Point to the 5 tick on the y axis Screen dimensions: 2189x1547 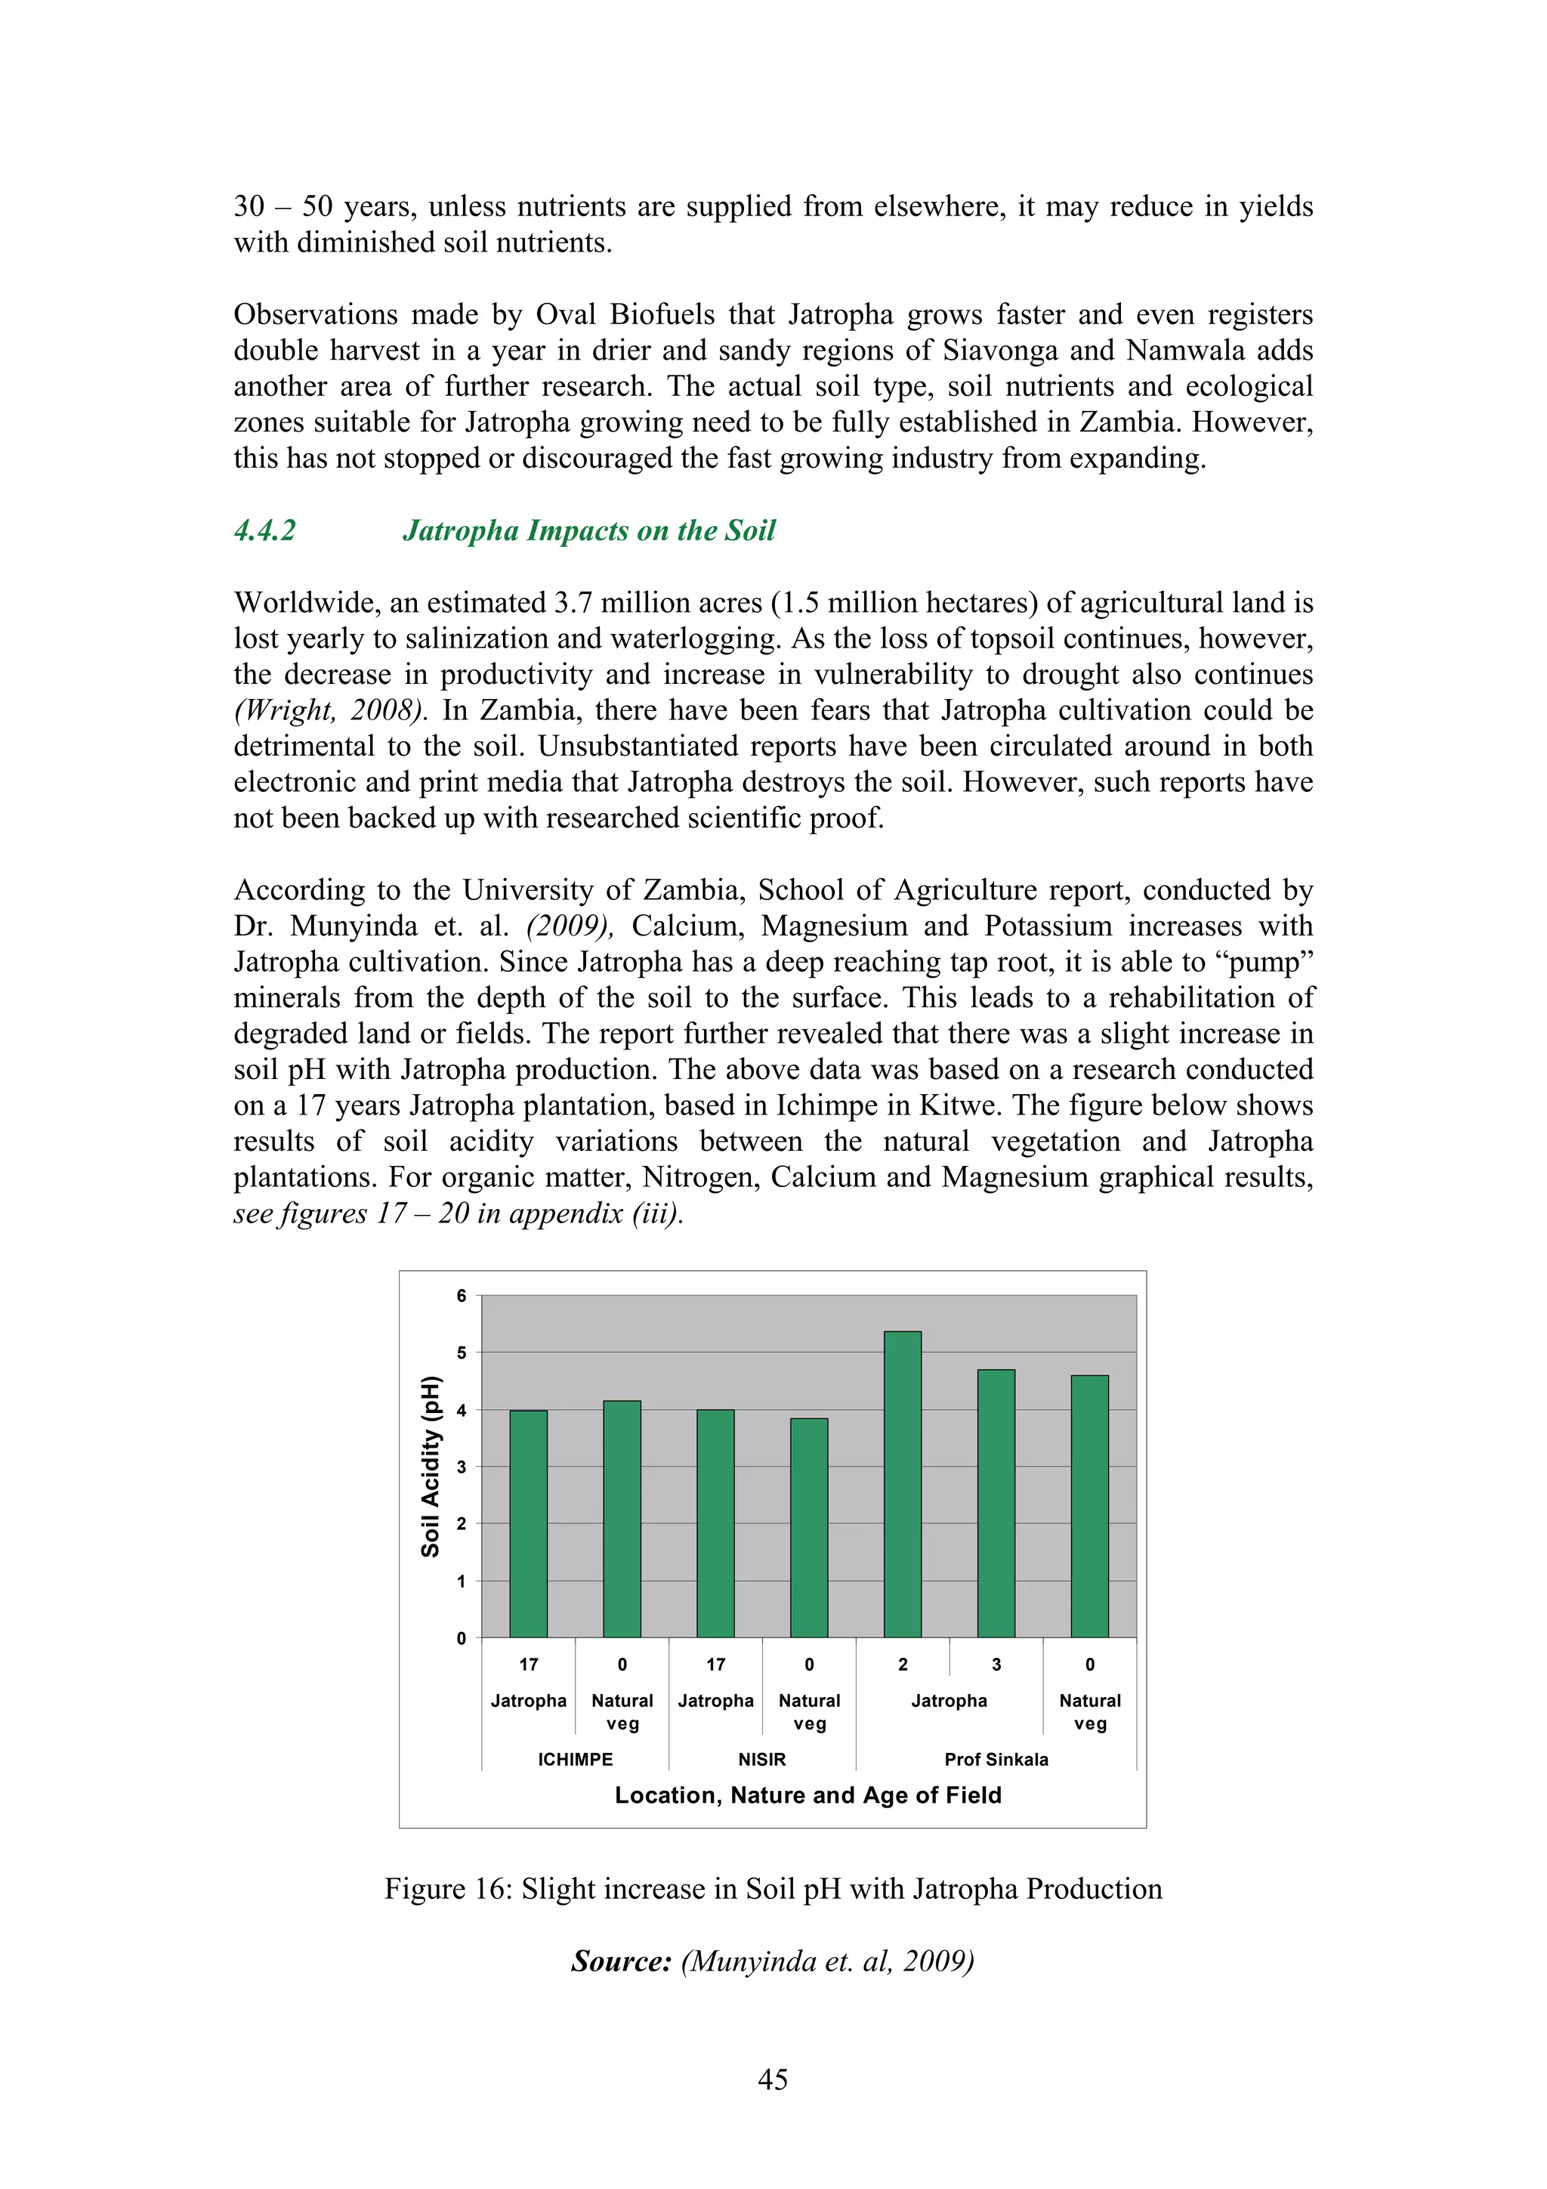462,1353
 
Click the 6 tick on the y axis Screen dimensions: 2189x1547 462,1296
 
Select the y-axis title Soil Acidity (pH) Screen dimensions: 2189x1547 431,1467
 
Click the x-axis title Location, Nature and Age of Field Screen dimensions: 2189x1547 807,1795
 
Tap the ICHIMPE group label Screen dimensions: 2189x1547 575,1759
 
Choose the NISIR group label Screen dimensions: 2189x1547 761,1759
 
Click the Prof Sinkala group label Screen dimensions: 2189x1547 996,1759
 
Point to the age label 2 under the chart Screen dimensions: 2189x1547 903,1665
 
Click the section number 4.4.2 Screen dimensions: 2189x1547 265,530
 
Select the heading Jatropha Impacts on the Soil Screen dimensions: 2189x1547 589,530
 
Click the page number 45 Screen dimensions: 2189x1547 772,2079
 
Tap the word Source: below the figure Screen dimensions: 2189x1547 622,1961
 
